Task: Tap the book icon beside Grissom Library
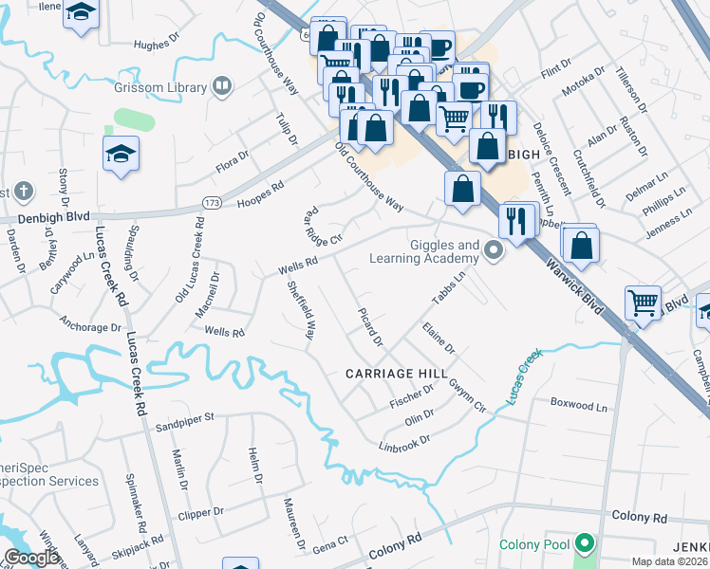[x=222, y=87]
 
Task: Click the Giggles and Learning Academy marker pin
[x=492, y=251]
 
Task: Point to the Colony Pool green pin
[x=585, y=544]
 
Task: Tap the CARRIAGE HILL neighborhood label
[x=397, y=374]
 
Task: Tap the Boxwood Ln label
[x=578, y=405]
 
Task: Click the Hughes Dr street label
[x=157, y=44]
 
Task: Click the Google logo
[x=31, y=558]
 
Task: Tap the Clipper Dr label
[x=200, y=512]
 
